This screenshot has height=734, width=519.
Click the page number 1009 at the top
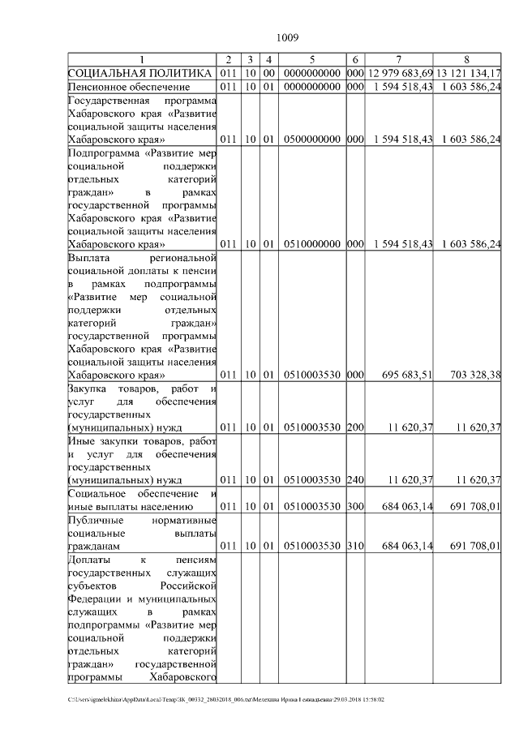(288, 37)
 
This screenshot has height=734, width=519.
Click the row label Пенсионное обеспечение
(129, 87)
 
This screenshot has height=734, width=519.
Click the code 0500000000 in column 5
(312, 140)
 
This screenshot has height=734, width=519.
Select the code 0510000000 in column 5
(312, 244)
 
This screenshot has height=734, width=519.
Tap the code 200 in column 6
(355, 427)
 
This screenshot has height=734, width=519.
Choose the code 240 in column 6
(355, 479)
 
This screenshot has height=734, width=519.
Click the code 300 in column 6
(355, 506)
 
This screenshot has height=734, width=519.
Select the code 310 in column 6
(355, 545)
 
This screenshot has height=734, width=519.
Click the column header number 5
(312, 60)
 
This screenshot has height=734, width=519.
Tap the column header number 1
(143, 60)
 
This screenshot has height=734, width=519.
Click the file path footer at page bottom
(226, 699)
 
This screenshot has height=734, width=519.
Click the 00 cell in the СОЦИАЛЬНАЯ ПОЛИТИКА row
(268, 74)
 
